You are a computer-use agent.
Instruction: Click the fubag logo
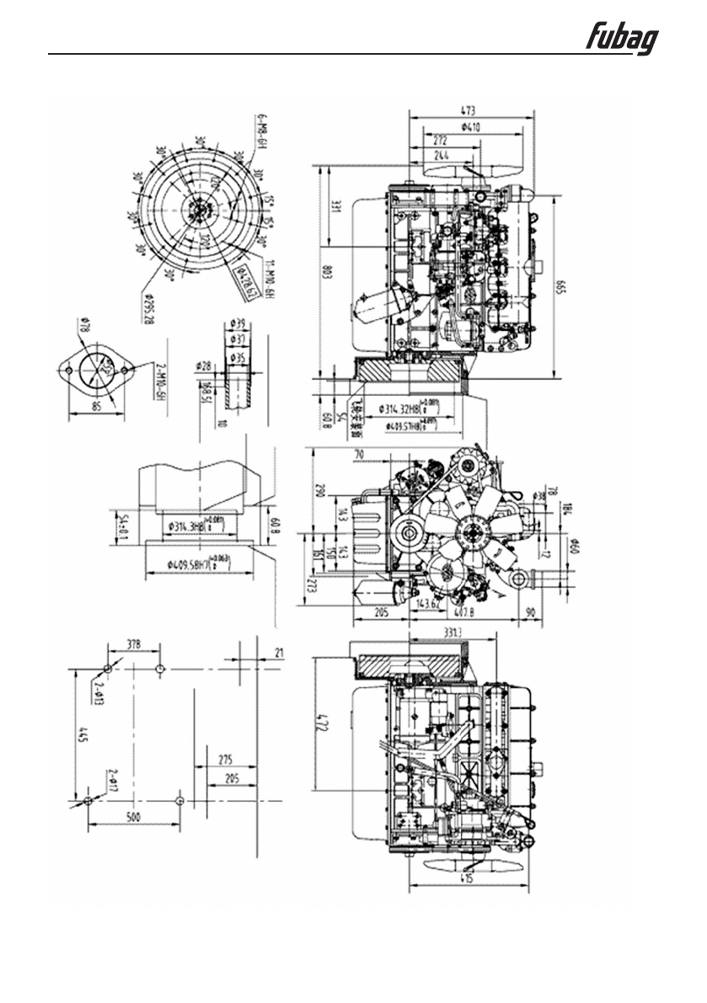pos(624,40)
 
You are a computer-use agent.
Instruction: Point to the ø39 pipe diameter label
pos(237,323)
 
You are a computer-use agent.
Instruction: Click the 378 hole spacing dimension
pos(134,644)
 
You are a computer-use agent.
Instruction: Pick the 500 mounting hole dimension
pos(133,816)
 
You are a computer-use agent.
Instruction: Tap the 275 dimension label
pos(225,759)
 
